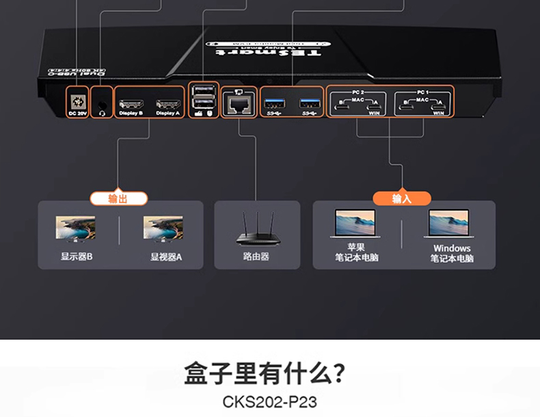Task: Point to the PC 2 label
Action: click(x=357, y=91)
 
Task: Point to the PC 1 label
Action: click(x=423, y=91)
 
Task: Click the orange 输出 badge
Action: click(x=118, y=198)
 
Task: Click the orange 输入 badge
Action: click(x=402, y=198)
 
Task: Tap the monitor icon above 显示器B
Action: click(x=75, y=228)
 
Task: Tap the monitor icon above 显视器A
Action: click(x=163, y=228)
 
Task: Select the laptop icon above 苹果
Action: click(x=355, y=224)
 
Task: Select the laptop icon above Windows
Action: click(x=449, y=224)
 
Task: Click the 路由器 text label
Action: click(x=256, y=257)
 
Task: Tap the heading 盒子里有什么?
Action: click(x=264, y=375)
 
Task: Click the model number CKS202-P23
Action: click(x=270, y=401)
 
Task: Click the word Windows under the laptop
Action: click(x=452, y=248)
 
